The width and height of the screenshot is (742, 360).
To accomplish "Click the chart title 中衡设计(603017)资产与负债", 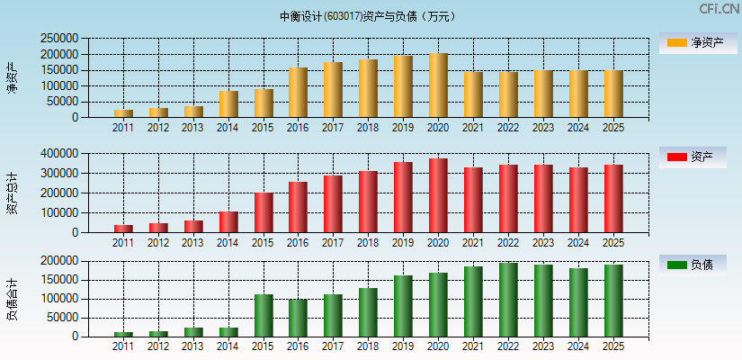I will click(368, 16).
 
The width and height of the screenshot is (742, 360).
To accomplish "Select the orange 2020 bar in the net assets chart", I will click(438, 85).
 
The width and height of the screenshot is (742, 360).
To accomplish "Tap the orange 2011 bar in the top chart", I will click(123, 113).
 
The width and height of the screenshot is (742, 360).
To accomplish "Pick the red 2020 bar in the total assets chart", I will click(438, 195).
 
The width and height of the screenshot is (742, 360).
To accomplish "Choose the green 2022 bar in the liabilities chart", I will click(508, 300).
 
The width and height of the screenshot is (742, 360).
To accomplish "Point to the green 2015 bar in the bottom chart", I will click(264, 315).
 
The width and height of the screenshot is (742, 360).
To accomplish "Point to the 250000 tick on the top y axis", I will click(58, 39).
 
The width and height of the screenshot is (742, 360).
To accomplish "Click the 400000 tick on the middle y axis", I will click(58, 154).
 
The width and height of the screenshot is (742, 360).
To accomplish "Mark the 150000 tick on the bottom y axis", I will click(58, 280).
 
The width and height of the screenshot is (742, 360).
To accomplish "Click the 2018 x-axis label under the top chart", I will click(368, 128).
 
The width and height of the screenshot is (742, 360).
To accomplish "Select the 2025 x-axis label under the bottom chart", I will click(613, 346).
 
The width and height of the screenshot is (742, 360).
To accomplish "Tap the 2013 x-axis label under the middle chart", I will click(193, 243).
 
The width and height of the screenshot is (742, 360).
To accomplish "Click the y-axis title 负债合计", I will click(13, 299).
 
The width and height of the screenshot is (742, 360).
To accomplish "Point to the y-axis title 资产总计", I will click(13, 193).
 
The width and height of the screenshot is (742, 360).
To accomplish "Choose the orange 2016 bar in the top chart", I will click(299, 93).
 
